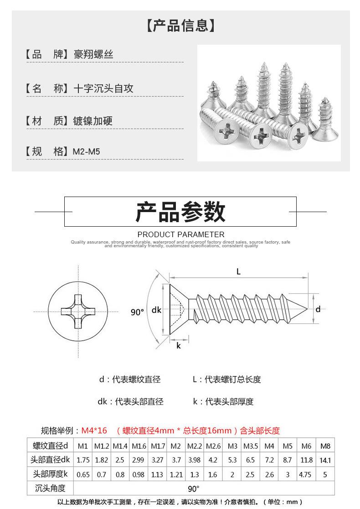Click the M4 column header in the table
point(269,446)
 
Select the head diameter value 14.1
point(325,460)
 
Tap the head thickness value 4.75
point(305,474)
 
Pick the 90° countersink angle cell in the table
point(194,488)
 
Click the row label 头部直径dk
point(50,460)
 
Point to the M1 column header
point(82,446)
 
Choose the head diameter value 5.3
point(232,460)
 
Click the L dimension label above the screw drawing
point(238,271)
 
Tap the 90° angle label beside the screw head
point(137,312)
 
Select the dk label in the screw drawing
point(156,310)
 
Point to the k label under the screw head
point(179,345)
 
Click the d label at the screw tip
point(318,309)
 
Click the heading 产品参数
point(180,212)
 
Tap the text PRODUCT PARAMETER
point(180,234)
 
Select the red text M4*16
point(94,431)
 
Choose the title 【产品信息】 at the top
point(180,26)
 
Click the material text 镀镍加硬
point(93,121)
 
